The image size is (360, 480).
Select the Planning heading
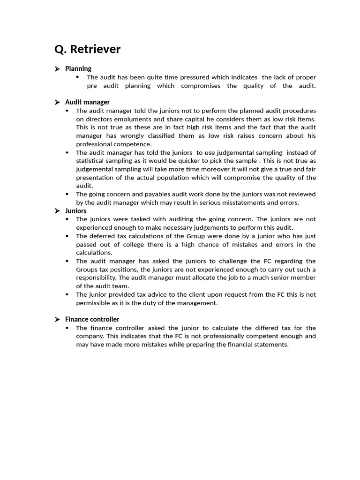coord(78,69)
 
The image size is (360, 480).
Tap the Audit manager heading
coord(87,102)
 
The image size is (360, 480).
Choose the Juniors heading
coord(76,211)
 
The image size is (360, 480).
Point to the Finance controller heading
coord(92,319)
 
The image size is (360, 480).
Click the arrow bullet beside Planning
coord(57,69)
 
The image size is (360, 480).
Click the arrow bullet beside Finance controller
coord(57,319)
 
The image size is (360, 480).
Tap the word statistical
coord(92,161)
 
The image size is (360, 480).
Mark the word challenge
coord(251,261)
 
